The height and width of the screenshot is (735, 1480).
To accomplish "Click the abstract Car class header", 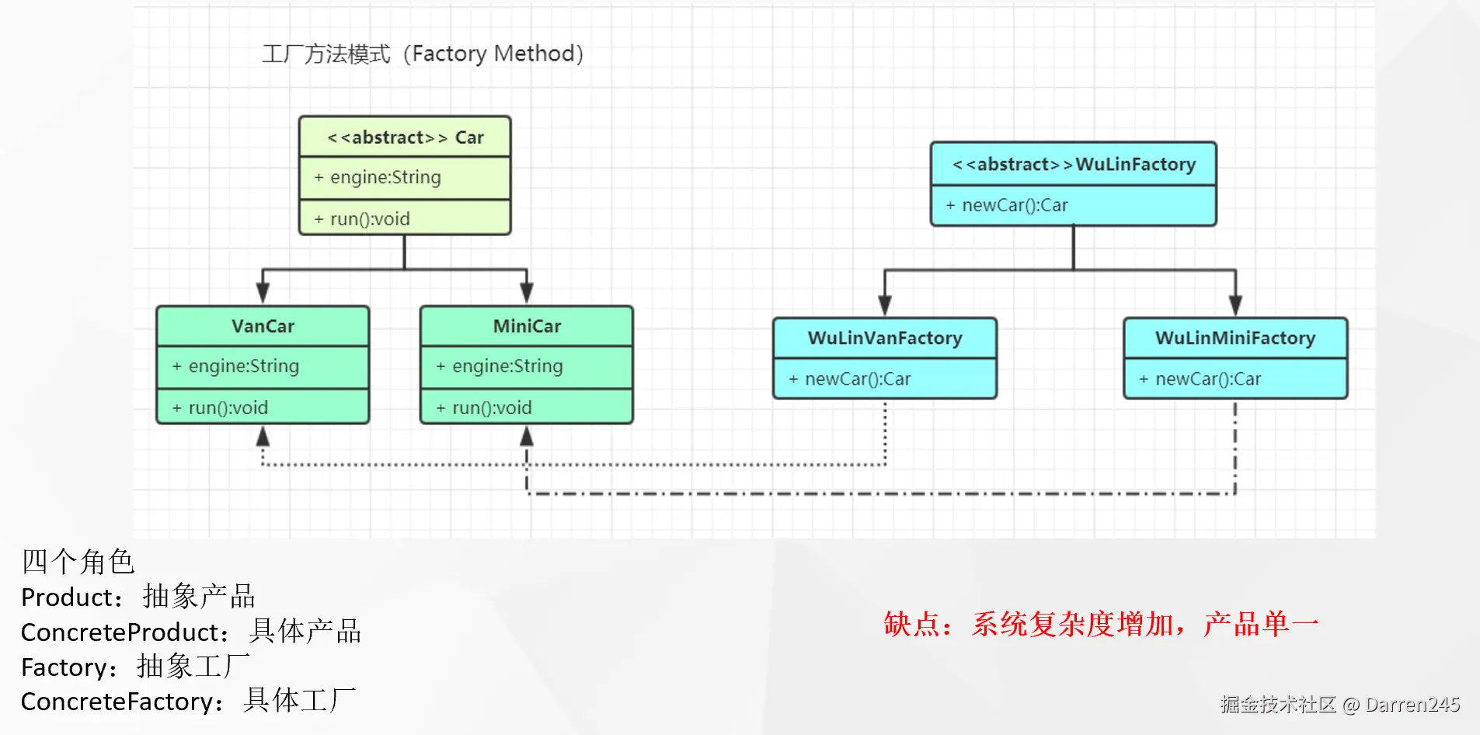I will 405,138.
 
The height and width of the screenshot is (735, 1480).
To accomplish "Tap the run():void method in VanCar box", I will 228,408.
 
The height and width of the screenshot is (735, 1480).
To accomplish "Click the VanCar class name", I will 263,326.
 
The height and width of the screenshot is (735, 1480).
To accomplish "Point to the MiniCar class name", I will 527,326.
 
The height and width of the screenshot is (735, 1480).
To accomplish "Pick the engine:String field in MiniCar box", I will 507,367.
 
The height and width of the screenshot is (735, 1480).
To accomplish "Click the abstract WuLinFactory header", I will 1074,165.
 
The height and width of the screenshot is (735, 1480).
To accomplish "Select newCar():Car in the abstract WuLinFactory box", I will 1015,206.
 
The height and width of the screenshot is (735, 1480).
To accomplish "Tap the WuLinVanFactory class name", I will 885,339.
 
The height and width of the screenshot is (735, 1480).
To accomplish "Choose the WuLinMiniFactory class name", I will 1235,339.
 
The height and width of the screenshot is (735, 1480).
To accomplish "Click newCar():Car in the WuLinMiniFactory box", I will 1208,379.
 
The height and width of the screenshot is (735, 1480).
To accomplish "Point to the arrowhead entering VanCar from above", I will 263,294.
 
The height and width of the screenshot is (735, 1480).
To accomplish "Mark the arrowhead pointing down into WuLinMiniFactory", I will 1235,305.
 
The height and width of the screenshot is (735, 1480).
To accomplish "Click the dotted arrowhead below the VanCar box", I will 263,437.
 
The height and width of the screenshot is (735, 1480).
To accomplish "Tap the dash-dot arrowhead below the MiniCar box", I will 527,437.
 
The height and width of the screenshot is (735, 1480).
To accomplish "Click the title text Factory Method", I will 497,54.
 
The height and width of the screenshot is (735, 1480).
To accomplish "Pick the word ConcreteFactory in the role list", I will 117,702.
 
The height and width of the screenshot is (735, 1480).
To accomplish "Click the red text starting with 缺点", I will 1100,625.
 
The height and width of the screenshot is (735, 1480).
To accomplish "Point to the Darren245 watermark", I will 1412,705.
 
